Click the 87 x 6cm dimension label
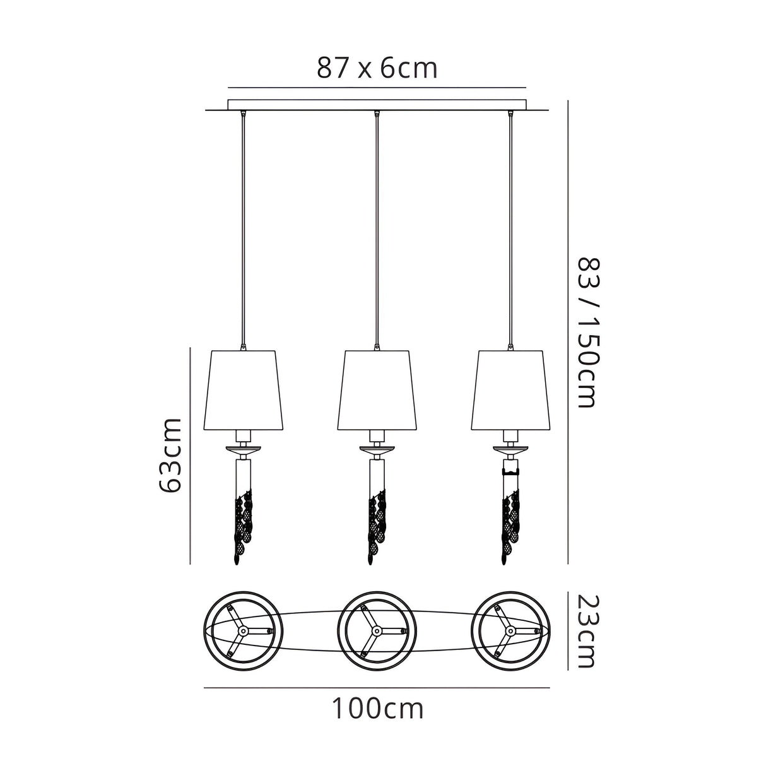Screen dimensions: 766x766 pyautogui.click(x=377, y=68)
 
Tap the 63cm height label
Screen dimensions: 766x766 pyautogui.click(x=170, y=455)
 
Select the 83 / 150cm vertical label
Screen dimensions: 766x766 pyautogui.click(x=586, y=333)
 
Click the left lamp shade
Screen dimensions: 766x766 pyautogui.click(x=244, y=390)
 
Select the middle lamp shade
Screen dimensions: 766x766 pyautogui.click(x=377, y=390)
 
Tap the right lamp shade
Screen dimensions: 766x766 pyautogui.click(x=511, y=390)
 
